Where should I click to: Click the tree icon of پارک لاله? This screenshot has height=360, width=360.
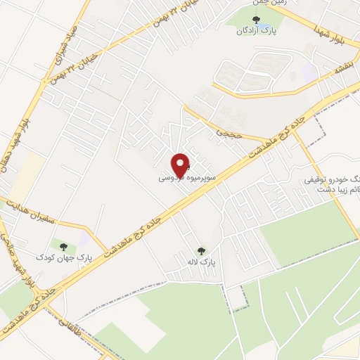202,251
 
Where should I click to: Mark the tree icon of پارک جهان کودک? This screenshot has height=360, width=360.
64,247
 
